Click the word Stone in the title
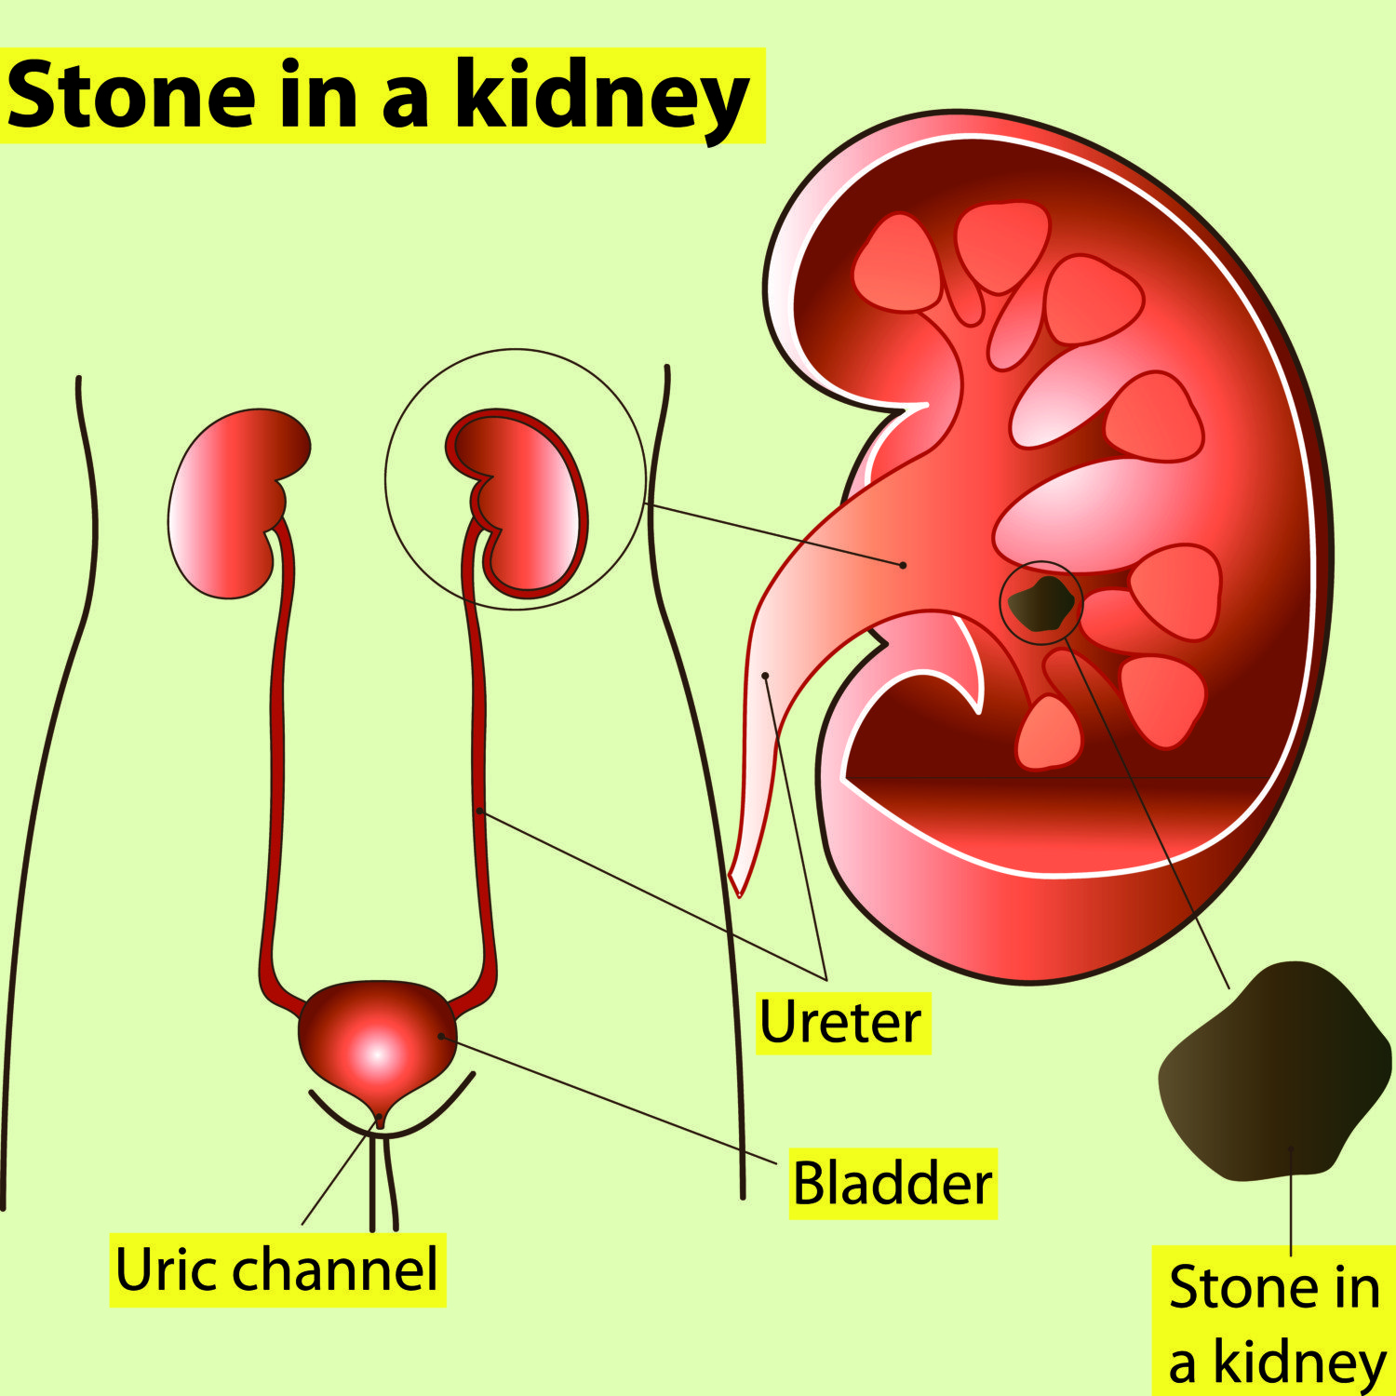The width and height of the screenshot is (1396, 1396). click(130, 96)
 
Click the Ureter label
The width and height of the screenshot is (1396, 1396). click(840, 1022)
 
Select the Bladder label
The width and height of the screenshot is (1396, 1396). click(893, 1183)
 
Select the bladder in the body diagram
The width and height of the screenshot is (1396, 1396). click(378, 1047)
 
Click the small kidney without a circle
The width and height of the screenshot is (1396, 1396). click(237, 503)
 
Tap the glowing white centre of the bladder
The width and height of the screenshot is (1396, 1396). click(376, 1055)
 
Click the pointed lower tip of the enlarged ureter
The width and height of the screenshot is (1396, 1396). click(739, 895)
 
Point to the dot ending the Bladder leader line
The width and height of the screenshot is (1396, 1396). click(441, 1036)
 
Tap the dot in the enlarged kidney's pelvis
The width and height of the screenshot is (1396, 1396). click(903, 565)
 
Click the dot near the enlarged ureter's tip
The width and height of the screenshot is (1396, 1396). click(765, 675)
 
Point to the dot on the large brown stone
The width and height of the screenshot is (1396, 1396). click(1291, 1148)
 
